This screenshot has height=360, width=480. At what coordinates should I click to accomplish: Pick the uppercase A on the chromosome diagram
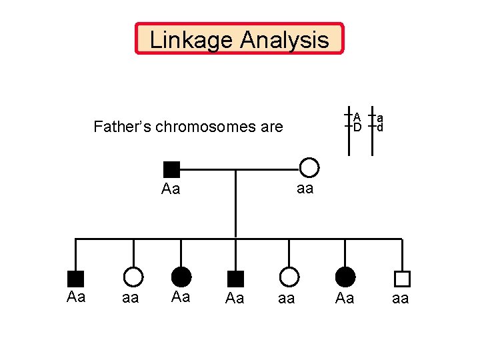point(357,117)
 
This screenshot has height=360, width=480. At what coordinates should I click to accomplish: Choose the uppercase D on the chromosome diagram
point(357,127)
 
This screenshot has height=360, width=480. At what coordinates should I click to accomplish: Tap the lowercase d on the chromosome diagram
point(379,127)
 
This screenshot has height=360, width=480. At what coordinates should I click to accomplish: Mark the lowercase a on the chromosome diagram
point(379,117)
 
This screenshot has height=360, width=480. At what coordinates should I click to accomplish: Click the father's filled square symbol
point(171,169)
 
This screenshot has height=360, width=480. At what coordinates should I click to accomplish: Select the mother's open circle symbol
point(309,167)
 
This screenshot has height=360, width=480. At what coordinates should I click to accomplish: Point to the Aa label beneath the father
point(171,189)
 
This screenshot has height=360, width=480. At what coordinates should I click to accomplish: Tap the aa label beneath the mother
point(305,189)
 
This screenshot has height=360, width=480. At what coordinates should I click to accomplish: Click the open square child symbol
point(402,279)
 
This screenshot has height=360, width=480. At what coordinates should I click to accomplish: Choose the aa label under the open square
point(400,299)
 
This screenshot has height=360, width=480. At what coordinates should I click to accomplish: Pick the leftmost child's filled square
point(75,279)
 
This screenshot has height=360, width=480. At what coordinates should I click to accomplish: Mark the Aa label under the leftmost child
point(76,297)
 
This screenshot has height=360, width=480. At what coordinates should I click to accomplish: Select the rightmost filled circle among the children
point(345,277)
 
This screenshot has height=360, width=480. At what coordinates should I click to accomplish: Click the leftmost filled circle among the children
point(181,277)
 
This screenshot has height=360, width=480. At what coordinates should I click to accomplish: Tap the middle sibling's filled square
point(235,279)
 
